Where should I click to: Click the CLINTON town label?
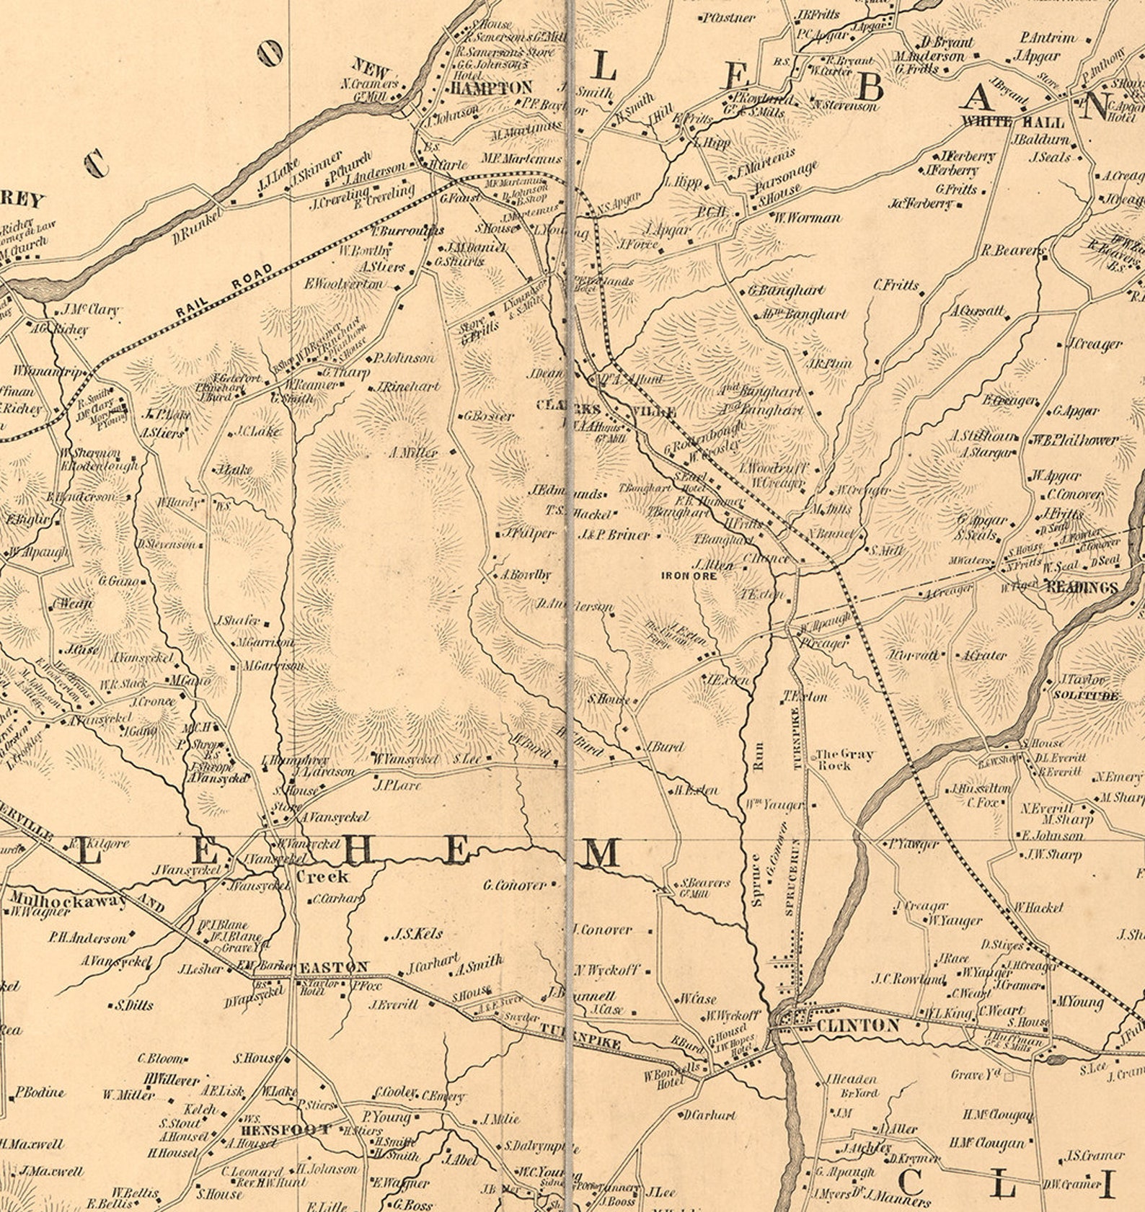coord(857,1025)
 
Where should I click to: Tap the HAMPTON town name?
coord(491,88)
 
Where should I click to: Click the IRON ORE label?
coord(689,576)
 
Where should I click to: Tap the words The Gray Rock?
coord(843,759)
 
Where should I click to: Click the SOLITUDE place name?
coord(1086,695)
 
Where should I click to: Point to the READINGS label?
coord(1082,587)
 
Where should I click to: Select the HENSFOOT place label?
coord(286,1130)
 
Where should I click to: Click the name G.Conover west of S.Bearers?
coord(515,884)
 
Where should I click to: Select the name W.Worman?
coord(807,217)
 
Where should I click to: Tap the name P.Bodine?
coord(40,1092)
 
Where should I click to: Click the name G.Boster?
coord(489,416)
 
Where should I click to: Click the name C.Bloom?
coord(161,1059)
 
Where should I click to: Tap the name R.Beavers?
coord(1012,251)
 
